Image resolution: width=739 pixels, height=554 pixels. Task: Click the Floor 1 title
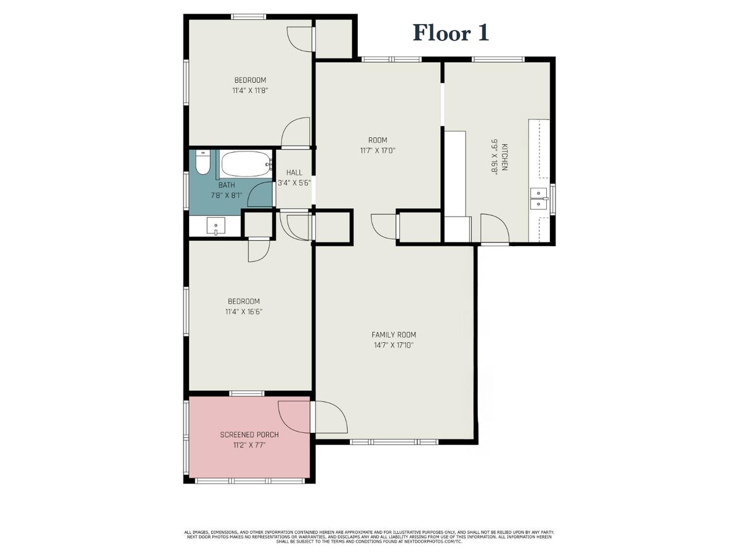[451, 33]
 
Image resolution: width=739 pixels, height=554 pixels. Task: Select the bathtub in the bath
[246, 164]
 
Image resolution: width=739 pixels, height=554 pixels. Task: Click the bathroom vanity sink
[216, 227]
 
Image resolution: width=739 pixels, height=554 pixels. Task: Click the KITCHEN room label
[504, 157]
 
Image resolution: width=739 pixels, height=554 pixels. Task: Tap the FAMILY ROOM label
[394, 335]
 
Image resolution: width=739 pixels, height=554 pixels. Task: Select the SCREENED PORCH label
[249, 435]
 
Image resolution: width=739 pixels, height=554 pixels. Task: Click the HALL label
[294, 172]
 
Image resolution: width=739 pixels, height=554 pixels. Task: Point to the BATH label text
[227, 185]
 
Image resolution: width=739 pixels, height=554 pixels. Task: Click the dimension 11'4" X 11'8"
[250, 90]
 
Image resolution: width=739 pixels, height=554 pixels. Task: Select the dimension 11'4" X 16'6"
[244, 312]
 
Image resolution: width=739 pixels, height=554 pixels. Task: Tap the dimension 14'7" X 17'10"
[394, 345]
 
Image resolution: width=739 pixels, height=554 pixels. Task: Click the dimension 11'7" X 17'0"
[378, 151]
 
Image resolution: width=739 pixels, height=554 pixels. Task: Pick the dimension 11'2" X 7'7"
[249, 445]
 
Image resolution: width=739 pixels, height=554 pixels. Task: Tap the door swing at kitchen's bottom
[495, 229]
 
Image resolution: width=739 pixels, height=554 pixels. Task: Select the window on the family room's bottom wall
[394, 441]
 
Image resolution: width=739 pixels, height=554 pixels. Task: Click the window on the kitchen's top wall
[498, 59]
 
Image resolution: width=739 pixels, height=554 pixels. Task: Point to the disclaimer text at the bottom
[369, 537]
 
